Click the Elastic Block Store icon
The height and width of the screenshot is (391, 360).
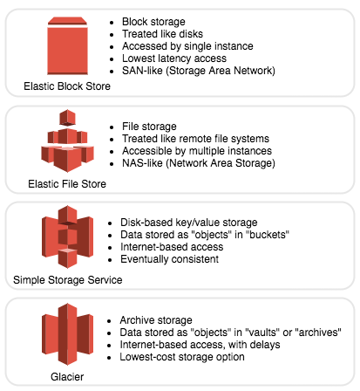tap(67, 45)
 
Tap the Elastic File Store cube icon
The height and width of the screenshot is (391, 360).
tap(67, 141)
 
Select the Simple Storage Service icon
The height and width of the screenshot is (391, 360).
tap(67, 237)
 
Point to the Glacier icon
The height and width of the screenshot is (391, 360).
tap(67, 334)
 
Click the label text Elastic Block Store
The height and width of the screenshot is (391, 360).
tap(67, 86)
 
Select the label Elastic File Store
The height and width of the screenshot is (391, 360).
tap(67, 184)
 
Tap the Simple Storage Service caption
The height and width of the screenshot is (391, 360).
tap(68, 280)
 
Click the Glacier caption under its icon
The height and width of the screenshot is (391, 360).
tap(67, 377)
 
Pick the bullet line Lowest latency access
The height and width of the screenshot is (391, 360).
tap(174, 58)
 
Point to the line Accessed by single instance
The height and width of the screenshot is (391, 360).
tap(187, 46)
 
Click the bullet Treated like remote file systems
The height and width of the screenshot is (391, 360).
tap(195, 139)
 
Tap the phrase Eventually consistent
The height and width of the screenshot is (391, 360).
tap(169, 259)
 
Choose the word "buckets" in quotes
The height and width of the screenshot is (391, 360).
tap(269, 235)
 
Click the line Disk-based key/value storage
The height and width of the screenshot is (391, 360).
tap(189, 223)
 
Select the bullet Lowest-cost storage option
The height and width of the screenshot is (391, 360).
tap(182, 357)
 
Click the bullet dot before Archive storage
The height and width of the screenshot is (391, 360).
tap(109, 321)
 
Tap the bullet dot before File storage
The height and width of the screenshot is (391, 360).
tap(112, 127)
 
